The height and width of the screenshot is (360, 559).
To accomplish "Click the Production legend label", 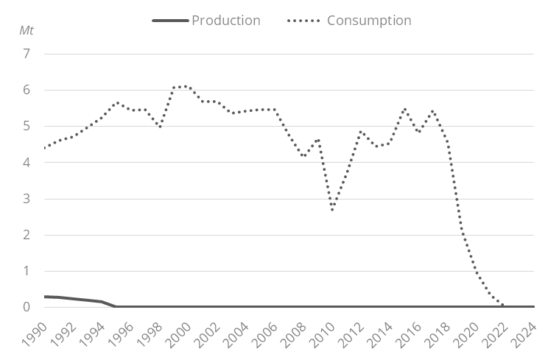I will click(x=225, y=20).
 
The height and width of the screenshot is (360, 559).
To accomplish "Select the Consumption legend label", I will click(x=368, y=20).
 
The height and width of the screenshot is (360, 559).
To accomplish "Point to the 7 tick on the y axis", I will click(x=27, y=54).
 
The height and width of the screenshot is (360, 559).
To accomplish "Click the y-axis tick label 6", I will click(x=27, y=90).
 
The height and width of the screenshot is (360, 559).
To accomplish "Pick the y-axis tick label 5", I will click(x=27, y=126).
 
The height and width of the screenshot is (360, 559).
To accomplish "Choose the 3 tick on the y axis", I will click(x=27, y=198).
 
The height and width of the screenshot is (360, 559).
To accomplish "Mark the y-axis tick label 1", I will click(x=27, y=271).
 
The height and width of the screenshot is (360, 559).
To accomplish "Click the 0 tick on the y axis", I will click(x=27, y=307).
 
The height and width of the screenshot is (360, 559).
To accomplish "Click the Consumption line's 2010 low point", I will click(x=333, y=211).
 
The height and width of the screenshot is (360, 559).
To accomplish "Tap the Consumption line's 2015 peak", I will click(x=404, y=109).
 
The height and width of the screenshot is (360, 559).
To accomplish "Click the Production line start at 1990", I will click(x=45, y=297).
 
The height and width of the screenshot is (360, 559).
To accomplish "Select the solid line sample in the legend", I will click(x=170, y=20).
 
